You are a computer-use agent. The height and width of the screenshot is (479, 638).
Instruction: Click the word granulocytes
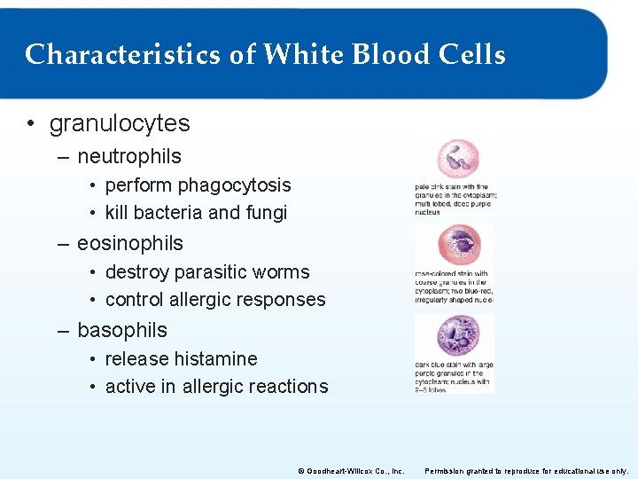pyautogui.click(x=120, y=123)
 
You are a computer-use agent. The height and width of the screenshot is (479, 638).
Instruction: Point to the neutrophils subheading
pyautogui.click(x=129, y=156)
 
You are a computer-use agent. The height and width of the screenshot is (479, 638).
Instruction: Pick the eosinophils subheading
pyautogui.click(x=130, y=243)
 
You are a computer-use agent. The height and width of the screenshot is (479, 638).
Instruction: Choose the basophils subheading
pyautogui.click(x=122, y=330)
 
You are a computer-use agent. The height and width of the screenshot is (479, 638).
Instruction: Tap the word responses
pyautogui.click(x=279, y=300)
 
